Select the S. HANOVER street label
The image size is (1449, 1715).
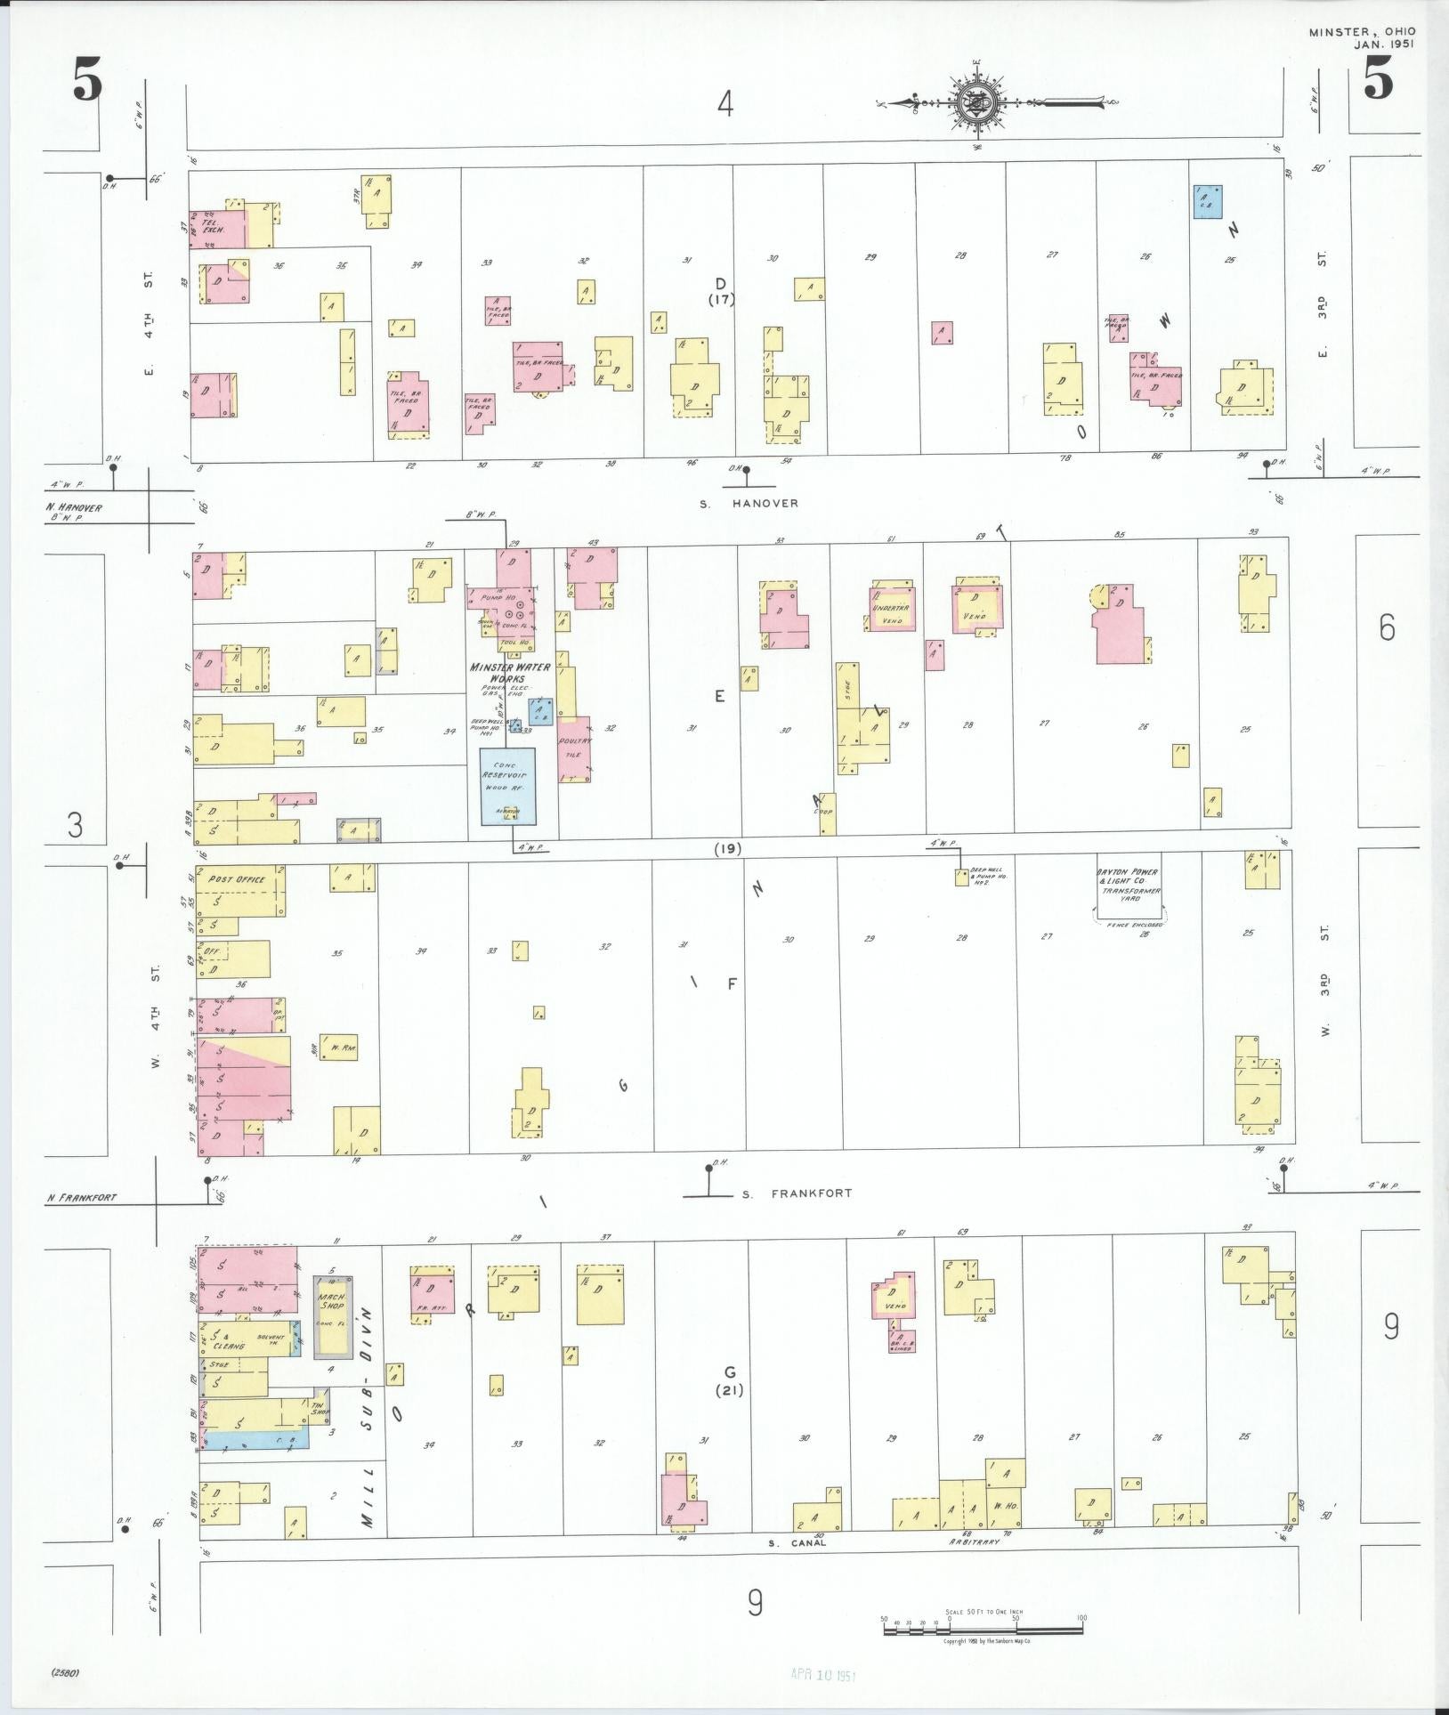tap(749, 504)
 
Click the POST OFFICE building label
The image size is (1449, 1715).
tap(237, 880)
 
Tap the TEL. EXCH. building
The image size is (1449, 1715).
tap(215, 229)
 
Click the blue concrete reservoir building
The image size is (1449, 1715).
tap(508, 785)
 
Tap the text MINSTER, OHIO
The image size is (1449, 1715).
tap(1361, 33)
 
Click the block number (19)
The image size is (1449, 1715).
tap(728, 848)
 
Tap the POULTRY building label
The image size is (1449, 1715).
tap(574, 740)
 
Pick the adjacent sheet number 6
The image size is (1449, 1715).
tap(1387, 628)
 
